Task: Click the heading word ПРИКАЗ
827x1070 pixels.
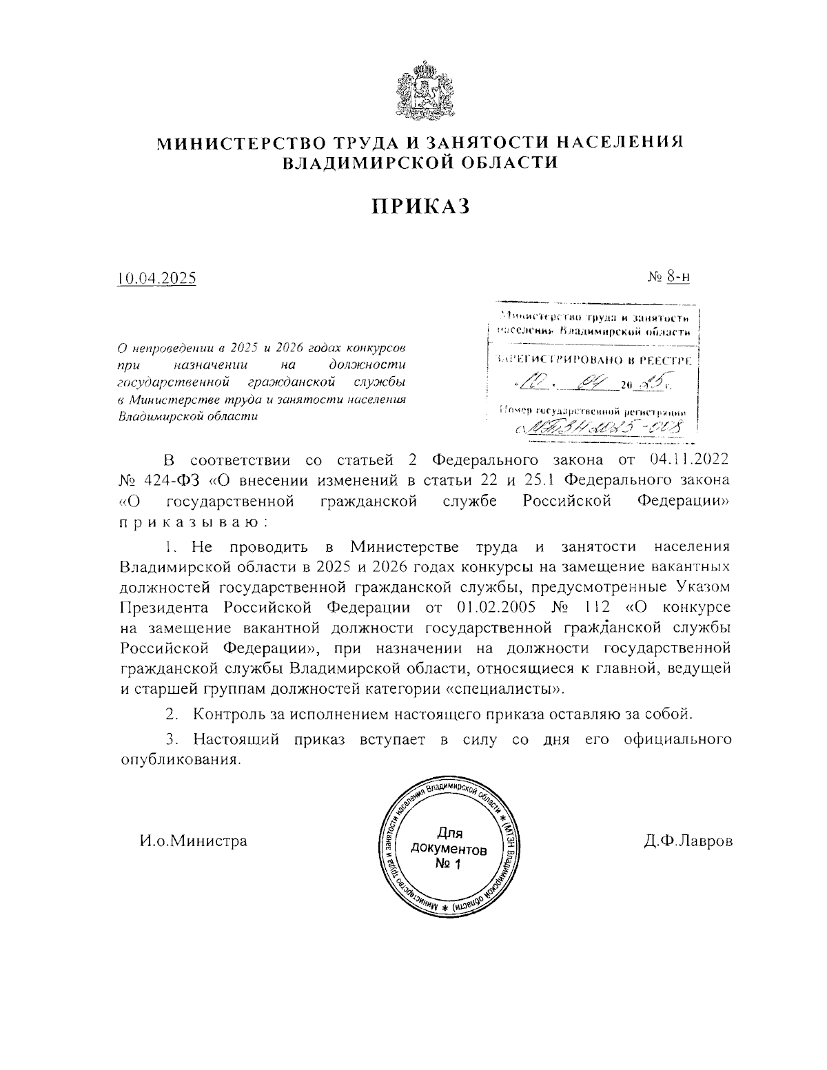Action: point(421,205)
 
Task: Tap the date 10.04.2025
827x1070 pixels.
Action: point(157,278)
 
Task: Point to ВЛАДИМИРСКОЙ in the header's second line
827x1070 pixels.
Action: point(360,163)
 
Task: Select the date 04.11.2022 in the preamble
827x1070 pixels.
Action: point(688,459)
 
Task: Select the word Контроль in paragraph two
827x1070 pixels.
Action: point(226,713)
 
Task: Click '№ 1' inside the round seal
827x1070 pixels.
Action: point(447,863)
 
